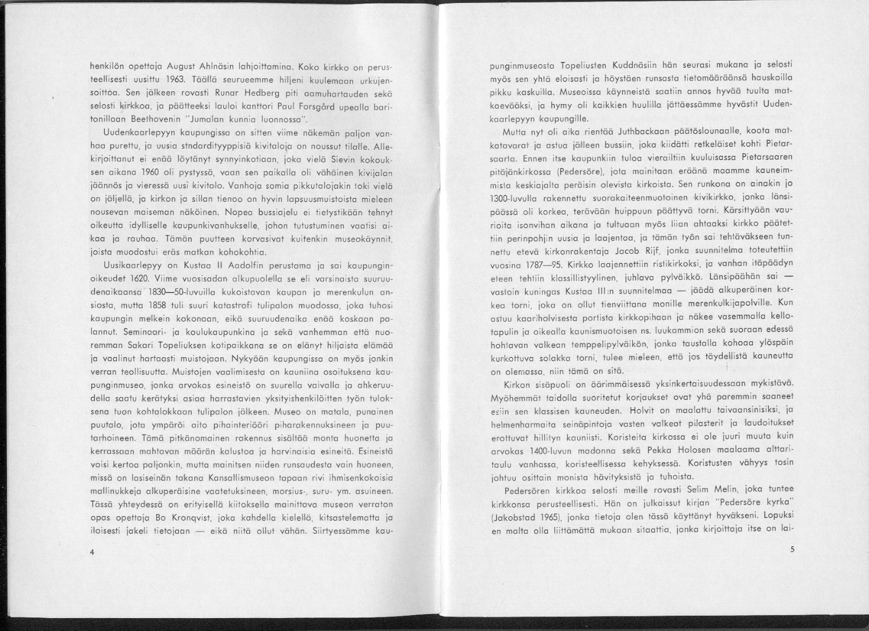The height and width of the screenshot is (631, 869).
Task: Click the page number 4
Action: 92,551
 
